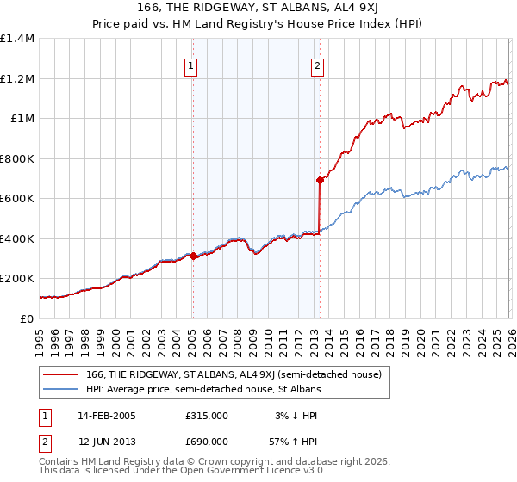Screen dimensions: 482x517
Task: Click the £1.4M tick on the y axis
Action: [16, 39]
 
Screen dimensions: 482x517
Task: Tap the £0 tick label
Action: [28, 318]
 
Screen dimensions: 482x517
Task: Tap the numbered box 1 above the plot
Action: [190, 65]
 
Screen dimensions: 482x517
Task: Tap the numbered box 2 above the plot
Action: [317, 65]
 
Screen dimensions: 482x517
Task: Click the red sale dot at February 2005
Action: [193, 256]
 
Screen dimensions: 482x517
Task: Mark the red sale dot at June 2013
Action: [320, 181]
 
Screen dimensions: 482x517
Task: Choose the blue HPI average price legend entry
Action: [203, 389]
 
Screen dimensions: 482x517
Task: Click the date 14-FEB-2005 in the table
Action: [107, 416]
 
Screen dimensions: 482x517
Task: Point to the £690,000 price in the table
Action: [207, 441]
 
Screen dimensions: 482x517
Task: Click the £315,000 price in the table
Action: [207, 416]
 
